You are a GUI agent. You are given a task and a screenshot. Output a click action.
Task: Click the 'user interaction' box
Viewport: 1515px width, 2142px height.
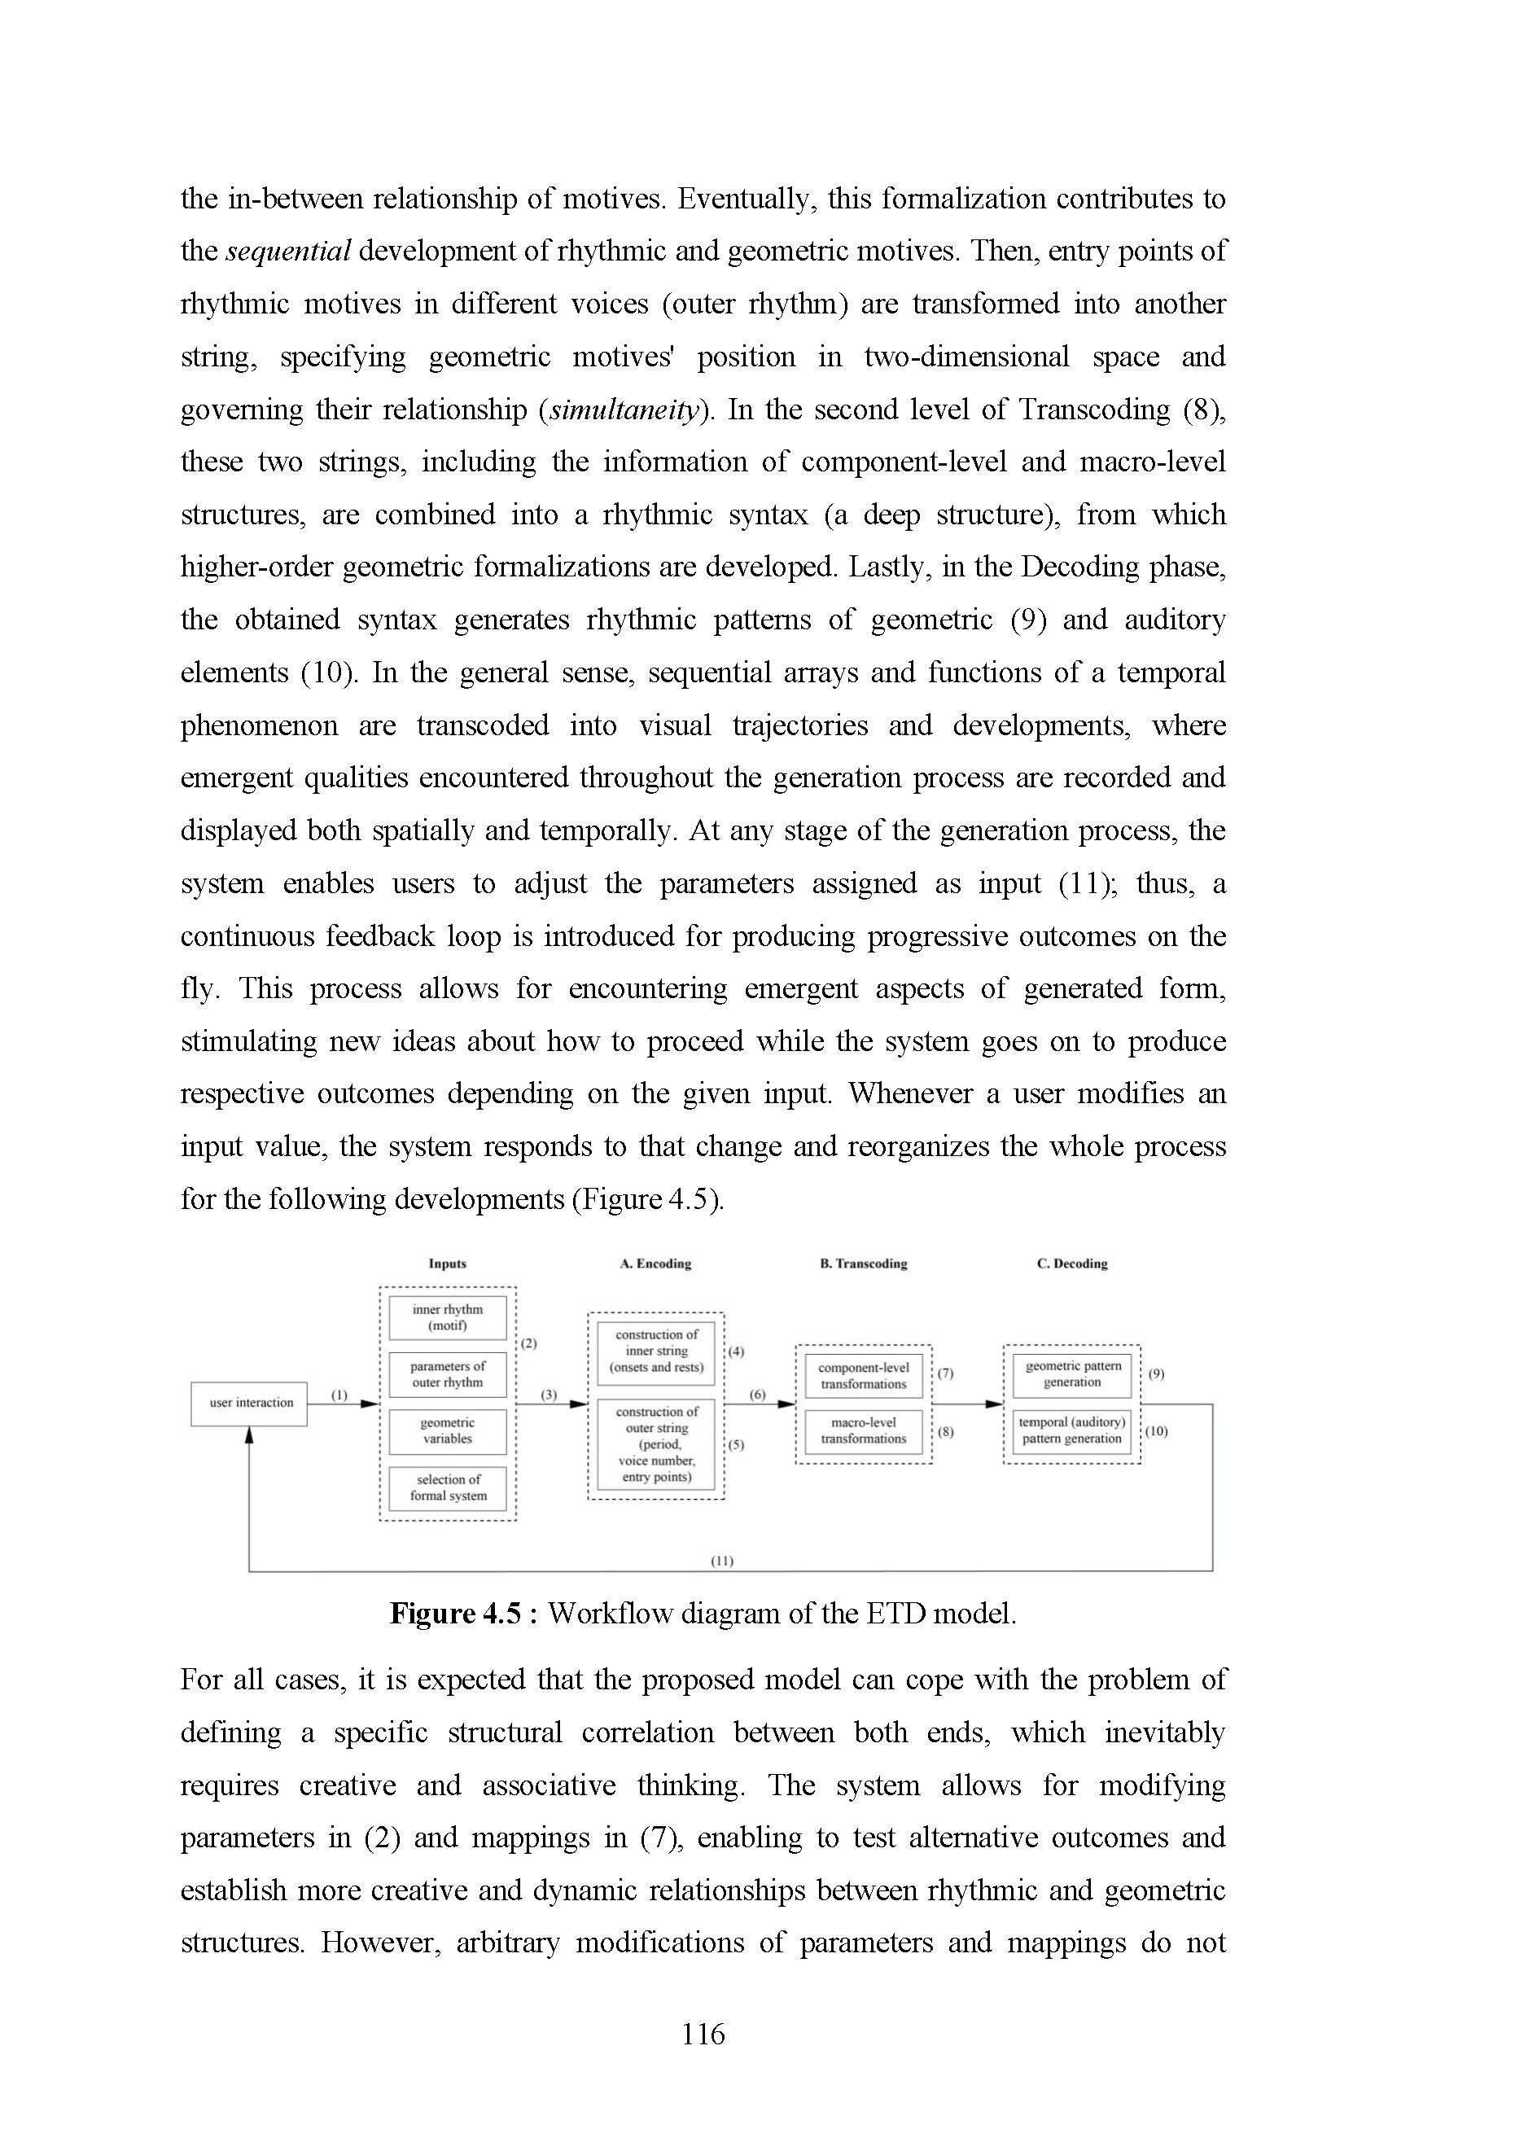click(x=249, y=1403)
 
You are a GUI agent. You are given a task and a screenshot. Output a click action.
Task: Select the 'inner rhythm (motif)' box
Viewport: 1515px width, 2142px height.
click(x=448, y=1317)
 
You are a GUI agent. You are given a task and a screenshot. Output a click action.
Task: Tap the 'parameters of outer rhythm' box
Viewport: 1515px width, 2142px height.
click(x=448, y=1374)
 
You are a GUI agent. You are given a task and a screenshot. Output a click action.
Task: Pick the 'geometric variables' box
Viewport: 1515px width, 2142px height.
click(x=448, y=1431)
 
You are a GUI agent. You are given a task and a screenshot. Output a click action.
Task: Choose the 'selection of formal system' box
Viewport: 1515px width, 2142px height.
click(x=448, y=1488)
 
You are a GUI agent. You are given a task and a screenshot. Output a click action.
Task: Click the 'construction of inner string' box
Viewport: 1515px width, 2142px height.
click(x=656, y=1351)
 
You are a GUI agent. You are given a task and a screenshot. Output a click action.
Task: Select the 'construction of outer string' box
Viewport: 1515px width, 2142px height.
click(x=656, y=1444)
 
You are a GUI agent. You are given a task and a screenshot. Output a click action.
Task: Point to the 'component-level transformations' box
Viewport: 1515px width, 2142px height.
click(x=863, y=1376)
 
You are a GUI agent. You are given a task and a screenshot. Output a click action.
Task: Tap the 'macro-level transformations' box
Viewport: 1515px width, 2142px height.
click(x=863, y=1431)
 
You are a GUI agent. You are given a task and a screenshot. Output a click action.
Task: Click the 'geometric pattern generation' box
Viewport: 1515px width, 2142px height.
click(x=1072, y=1374)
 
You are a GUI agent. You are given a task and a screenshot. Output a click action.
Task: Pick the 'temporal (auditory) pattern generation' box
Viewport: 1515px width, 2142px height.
click(x=1072, y=1431)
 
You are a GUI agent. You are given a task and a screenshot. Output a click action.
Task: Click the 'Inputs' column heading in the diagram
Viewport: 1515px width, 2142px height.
click(x=448, y=1264)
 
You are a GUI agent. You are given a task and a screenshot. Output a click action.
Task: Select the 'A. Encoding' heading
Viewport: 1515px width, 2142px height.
click(x=656, y=1264)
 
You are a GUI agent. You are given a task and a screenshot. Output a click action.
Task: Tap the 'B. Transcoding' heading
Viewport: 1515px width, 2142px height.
click(x=863, y=1264)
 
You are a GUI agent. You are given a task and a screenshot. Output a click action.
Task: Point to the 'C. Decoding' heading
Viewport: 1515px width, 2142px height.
click(x=1072, y=1264)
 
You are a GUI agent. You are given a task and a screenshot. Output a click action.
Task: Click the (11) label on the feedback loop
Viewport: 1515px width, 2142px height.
click(x=722, y=1561)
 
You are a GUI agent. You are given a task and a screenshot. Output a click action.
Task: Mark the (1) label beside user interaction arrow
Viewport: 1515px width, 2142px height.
click(x=339, y=1395)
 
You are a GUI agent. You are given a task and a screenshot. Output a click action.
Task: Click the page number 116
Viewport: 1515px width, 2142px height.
click(x=703, y=2034)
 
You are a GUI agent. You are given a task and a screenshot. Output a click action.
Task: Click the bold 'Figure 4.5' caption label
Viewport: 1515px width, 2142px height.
click(x=455, y=1614)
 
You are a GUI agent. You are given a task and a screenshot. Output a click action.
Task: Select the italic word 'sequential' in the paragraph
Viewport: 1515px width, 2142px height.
click(x=288, y=251)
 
